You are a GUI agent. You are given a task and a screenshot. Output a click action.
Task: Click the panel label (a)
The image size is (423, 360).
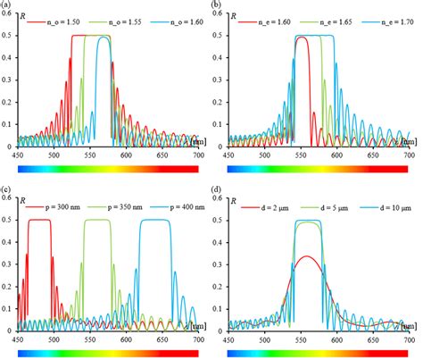tap(8, 5)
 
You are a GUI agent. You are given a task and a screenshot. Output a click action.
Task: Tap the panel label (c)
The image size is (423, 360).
tap(8, 189)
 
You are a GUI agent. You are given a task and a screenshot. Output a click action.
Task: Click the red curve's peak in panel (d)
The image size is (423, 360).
tap(307, 256)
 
